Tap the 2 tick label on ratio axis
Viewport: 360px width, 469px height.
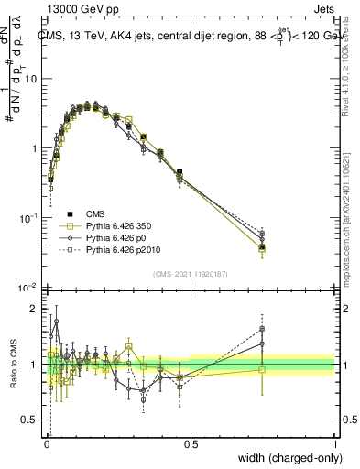(x=35, y=309)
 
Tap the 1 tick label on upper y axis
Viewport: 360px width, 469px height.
(x=35, y=148)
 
